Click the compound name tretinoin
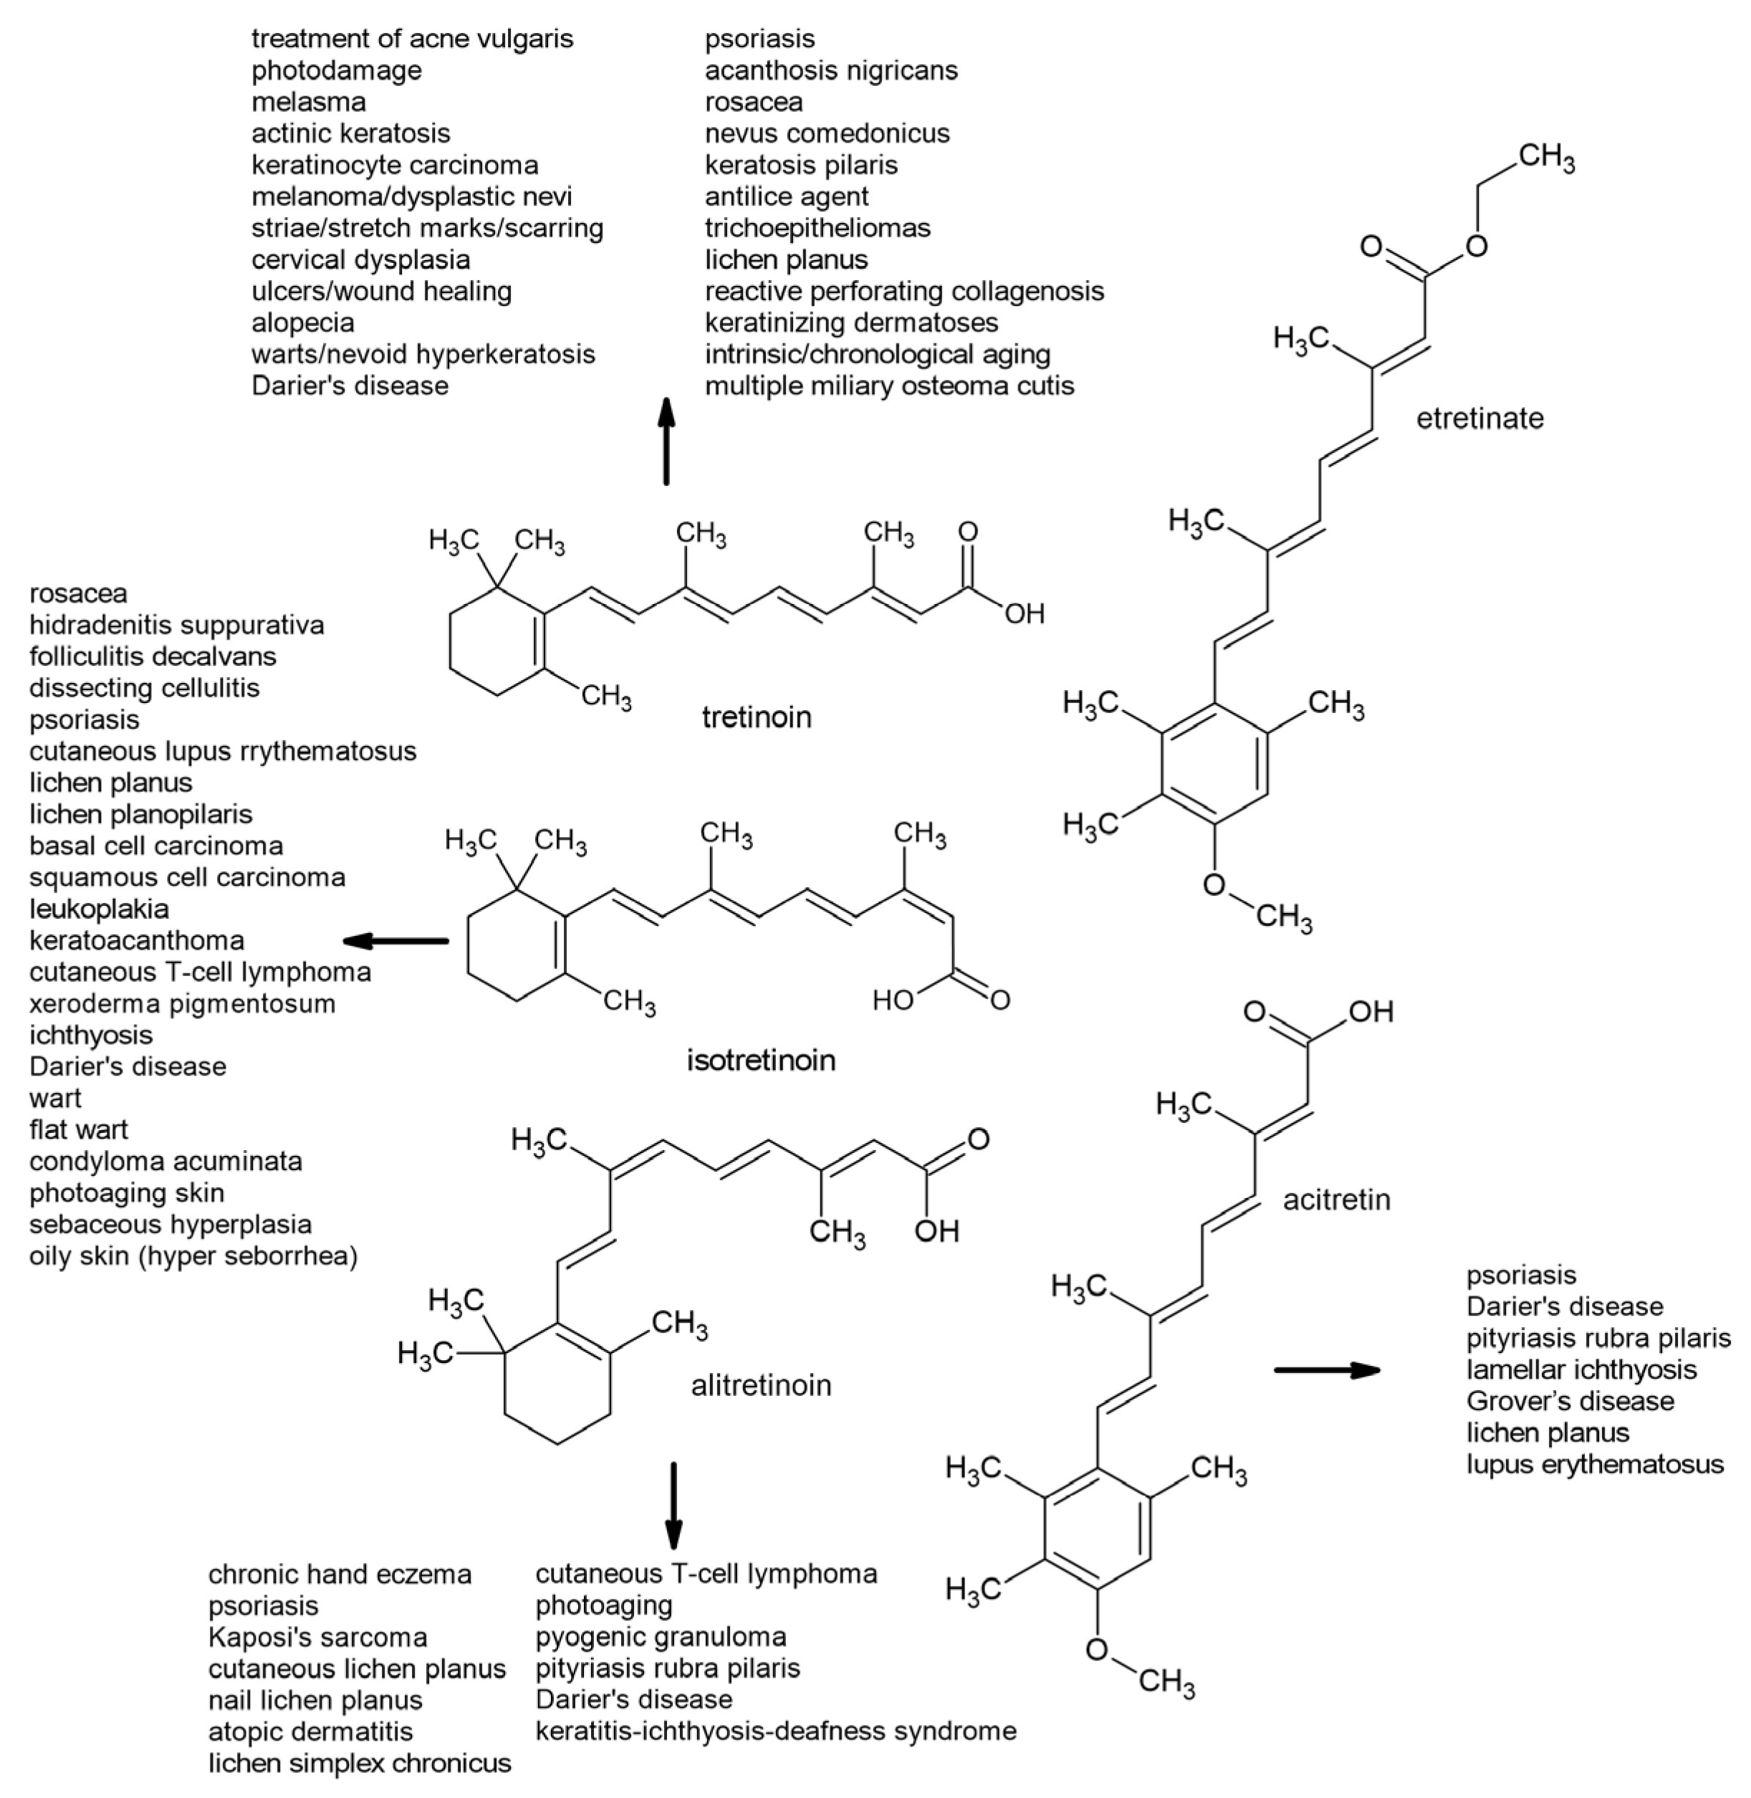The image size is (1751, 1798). (x=757, y=717)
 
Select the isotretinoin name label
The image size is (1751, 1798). (x=762, y=1061)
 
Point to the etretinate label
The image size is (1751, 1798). (x=1479, y=419)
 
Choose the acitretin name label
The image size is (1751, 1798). (x=1336, y=1200)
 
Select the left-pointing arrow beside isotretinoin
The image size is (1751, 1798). (x=395, y=941)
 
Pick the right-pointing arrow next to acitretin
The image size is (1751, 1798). (x=1327, y=1370)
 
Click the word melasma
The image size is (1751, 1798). (x=309, y=102)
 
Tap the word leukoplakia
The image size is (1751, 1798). (x=100, y=909)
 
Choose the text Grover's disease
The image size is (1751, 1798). (x=1570, y=1401)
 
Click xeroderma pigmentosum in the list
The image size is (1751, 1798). (x=182, y=1003)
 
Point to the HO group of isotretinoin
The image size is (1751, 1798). (x=892, y=1000)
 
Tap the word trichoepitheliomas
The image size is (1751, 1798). (x=817, y=228)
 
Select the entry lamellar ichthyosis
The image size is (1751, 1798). (x=1581, y=1369)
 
